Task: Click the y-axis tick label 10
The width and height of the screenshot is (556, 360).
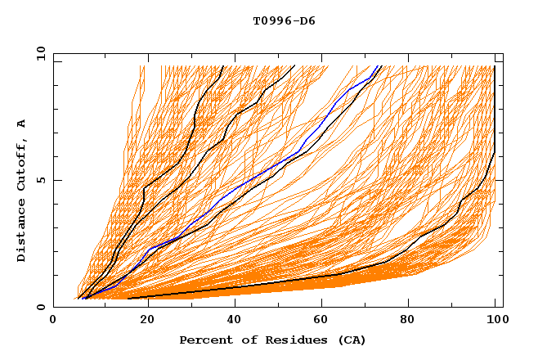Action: pyautogui.click(x=39, y=53)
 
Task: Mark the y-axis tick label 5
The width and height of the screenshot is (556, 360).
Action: pyautogui.click(x=42, y=180)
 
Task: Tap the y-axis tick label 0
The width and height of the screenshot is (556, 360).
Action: pyautogui.click(x=42, y=307)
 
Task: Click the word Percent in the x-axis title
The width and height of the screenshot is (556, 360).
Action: pyautogui.click(x=204, y=340)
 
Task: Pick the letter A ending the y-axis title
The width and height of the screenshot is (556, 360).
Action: pyautogui.click(x=22, y=123)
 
